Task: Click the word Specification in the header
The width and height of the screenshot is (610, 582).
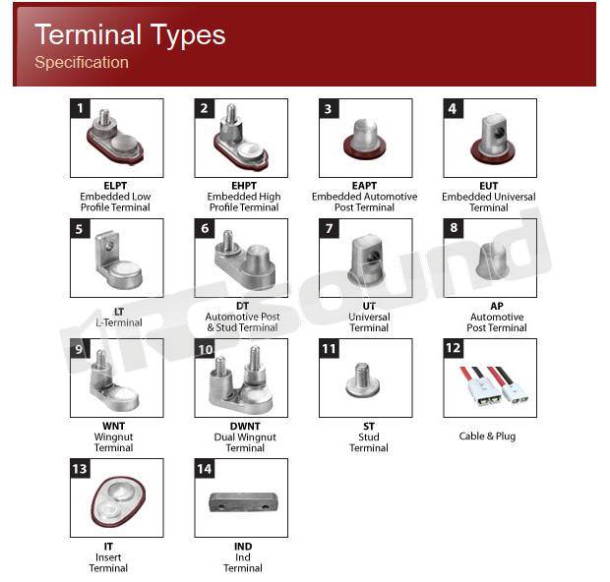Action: pyautogui.click(x=82, y=63)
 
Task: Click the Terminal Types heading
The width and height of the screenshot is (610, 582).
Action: pyautogui.click(x=130, y=35)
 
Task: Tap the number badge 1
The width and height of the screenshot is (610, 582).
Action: pyautogui.click(x=80, y=108)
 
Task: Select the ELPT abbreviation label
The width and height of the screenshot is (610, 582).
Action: pyautogui.click(x=115, y=186)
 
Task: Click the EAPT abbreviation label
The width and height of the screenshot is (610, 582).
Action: pyautogui.click(x=364, y=186)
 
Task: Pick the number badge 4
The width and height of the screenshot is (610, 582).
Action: pyautogui.click(x=454, y=108)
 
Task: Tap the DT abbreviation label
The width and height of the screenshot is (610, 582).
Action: pyautogui.click(x=242, y=306)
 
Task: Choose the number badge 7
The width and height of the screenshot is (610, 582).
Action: pyautogui.click(x=330, y=228)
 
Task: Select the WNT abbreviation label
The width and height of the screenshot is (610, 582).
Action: pyautogui.click(x=113, y=426)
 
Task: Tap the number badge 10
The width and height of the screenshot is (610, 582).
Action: pyautogui.click(x=205, y=349)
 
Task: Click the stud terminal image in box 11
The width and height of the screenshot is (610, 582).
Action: pyautogui.click(x=363, y=381)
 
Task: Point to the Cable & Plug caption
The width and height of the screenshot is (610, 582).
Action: pyautogui.click(x=487, y=436)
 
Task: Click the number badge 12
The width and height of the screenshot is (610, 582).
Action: pyautogui.click(x=454, y=348)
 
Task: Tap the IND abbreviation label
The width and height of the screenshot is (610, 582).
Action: pyautogui.click(x=243, y=547)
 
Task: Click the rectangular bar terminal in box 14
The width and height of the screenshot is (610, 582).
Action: pyautogui.click(x=244, y=502)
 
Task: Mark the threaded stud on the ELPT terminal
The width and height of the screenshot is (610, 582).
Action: pyautogui.click(x=104, y=117)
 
